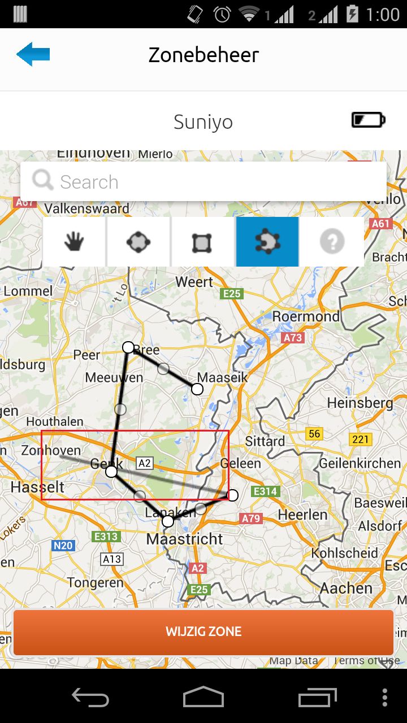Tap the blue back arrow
click(x=33, y=54)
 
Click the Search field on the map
click(x=203, y=182)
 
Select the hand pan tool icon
click(x=74, y=242)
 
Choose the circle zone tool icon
click(x=138, y=242)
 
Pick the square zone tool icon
click(x=202, y=242)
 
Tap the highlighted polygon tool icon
click(x=267, y=242)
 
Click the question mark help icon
click(x=332, y=242)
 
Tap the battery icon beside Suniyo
click(x=368, y=120)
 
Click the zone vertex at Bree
click(x=128, y=347)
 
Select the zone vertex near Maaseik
click(x=197, y=389)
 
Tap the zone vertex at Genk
click(x=111, y=471)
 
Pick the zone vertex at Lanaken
click(x=168, y=521)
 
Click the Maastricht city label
click(x=185, y=539)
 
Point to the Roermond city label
click(x=306, y=316)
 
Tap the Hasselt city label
click(x=37, y=487)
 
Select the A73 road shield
click(x=292, y=338)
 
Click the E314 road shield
click(x=265, y=491)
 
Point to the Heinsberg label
click(x=360, y=403)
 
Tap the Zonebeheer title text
click(x=203, y=55)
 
